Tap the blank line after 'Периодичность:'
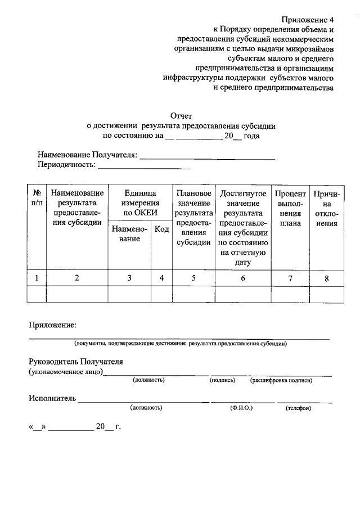145,167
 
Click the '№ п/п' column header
37,198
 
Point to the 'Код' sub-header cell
162,229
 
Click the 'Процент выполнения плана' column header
290,208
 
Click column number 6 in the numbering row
243,278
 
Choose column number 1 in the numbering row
37,278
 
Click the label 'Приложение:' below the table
52,326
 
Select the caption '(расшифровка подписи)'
281,381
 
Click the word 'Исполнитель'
52,399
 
